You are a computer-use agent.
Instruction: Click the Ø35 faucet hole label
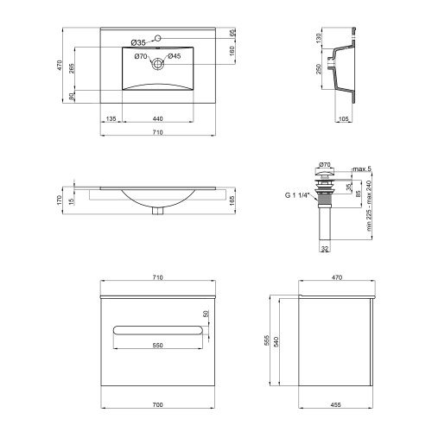coord(138,43)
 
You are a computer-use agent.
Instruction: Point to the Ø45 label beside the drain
coord(175,56)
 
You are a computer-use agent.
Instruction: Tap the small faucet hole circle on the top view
coord(157,38)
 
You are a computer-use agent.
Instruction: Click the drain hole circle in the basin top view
coord(157,63)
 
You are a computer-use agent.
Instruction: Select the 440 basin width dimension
coord(158,118)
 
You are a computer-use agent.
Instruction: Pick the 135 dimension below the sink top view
coord(111,118)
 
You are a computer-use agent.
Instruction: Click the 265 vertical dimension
coord(72,68)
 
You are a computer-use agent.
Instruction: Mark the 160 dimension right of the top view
coord(232,51)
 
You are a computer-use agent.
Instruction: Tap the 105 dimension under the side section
coord(344,118)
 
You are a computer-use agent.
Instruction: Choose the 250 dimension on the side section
coord(319,69)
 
